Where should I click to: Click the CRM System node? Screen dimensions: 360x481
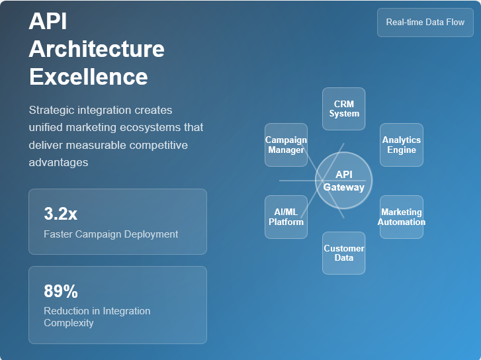click(344, 109)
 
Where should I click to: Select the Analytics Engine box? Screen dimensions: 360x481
click(402, 144)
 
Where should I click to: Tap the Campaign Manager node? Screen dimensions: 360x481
click(286, 144)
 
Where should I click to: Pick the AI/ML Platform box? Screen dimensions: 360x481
click(286, 216)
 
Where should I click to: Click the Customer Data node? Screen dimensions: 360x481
click(343, 253)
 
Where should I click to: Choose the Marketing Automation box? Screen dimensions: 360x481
click(402, 216)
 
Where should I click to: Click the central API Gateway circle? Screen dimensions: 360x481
click(344, 180)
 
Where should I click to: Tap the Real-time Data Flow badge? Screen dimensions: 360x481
click(425, 22)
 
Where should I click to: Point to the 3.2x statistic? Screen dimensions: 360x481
click(60, 214)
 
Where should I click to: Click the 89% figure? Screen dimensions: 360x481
click(61, 291)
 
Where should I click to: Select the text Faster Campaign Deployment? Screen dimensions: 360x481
click(110, 234)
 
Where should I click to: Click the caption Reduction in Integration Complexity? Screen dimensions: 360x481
click(97, 317)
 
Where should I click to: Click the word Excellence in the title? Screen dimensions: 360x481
click(88, 77)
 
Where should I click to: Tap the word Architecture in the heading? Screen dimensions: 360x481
click(97, 49)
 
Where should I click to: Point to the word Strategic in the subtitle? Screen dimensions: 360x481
click(52, 110)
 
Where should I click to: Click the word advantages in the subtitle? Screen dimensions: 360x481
click(58, 162)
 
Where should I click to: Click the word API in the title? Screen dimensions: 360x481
click(48, 21)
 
